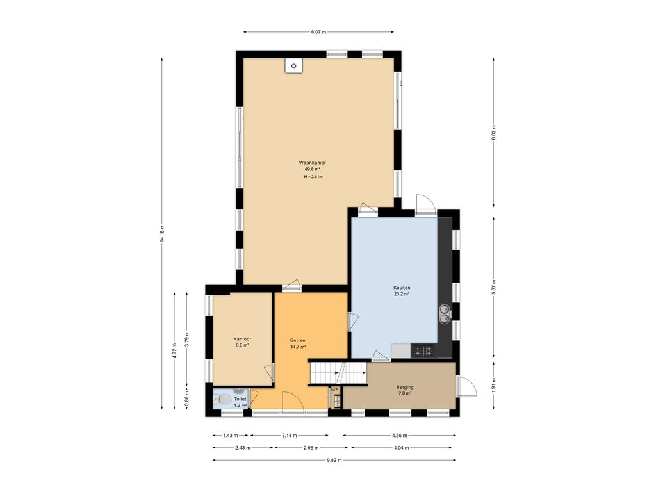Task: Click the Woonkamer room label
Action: (312, 163)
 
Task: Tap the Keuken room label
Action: (402, 288)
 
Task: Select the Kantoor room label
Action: (242, 339)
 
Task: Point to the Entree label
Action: (298, 340)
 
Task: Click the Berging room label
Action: (405, 387)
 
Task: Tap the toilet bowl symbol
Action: (224, 400)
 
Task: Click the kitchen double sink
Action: (445, 314)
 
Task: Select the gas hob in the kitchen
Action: (423, 350)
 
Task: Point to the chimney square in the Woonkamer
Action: (293, 66)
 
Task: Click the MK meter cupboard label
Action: (334, 389)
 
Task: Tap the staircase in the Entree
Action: (338, 373)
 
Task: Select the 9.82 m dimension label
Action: (334, 460)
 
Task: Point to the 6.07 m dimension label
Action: (318, 32)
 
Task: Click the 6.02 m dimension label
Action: (494, 132)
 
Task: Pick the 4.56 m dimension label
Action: (400, 436)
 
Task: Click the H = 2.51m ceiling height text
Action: (313, 177)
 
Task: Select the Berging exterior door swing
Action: (466, 386)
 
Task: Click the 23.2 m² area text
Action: (402, 294)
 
